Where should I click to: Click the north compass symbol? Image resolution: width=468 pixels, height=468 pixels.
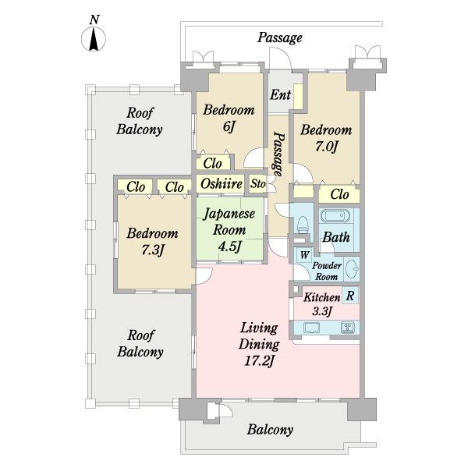pos(94,39)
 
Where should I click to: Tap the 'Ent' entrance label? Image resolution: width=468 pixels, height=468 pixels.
pos(280,95)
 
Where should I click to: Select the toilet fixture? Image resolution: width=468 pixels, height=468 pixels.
pos(303,225)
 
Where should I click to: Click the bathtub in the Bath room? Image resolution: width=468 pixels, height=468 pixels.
pos(335,215)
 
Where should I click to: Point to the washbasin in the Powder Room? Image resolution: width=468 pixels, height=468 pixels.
pos(353,269)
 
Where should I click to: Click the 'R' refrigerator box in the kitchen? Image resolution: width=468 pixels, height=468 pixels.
pos(350,296)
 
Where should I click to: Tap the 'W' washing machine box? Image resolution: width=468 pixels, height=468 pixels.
pos(304,255)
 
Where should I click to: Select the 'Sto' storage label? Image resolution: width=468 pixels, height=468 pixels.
pos(258,184)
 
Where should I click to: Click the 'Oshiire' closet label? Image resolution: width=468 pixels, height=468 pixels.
pos(222,183)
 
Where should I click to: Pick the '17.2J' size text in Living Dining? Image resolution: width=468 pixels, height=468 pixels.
pos(259,361)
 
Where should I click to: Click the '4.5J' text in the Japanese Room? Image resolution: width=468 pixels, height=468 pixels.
pos(229,246)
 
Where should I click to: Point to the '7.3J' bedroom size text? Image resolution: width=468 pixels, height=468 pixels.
pos(153,250)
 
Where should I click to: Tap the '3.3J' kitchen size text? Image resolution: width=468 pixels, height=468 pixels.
pos(322,311)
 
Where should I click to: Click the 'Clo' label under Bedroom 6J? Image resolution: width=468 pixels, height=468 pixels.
pos(212,163)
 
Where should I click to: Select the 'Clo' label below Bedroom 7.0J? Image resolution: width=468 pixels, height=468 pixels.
pos(339,194)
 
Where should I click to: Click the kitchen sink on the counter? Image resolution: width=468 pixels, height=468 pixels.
pos(311,328)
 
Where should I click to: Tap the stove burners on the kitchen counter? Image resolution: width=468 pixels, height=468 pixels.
pos(348,328)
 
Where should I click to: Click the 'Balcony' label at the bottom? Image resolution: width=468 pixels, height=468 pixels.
pos(270,430)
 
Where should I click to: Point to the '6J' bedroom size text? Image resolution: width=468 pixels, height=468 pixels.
pos(229,126)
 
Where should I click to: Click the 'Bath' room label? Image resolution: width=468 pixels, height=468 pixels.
pos(336,237)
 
